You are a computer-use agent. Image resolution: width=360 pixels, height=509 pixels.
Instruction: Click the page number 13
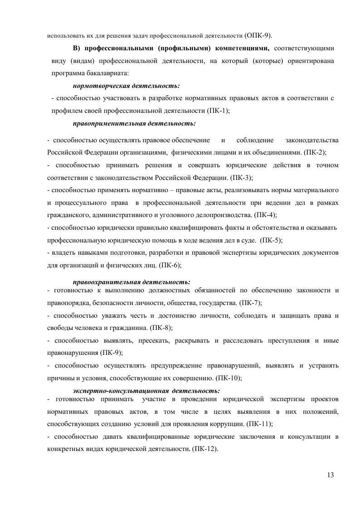(330, 475)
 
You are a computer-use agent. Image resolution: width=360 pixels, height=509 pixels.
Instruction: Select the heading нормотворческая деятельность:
(126, 85)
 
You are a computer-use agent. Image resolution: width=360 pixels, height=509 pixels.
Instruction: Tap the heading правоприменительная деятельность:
(134, 123)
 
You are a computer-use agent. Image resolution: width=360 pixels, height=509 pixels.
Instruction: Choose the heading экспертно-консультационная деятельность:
(146, 390)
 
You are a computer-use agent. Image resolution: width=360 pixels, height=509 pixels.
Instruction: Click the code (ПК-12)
(205, 449)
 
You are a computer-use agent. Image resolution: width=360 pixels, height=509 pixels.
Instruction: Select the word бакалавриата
(106, 72)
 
